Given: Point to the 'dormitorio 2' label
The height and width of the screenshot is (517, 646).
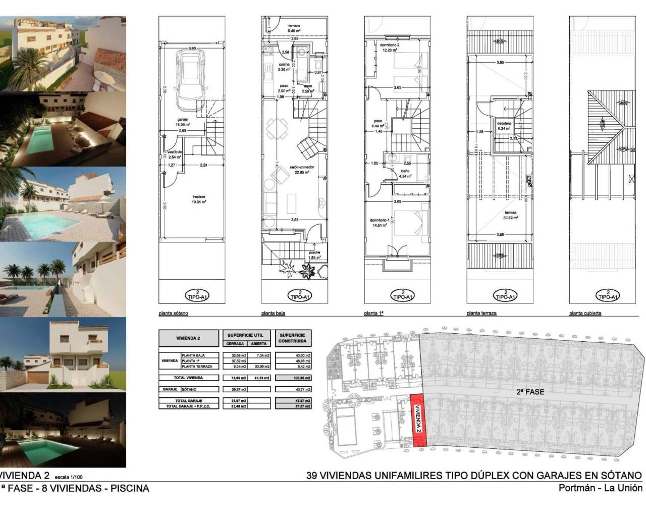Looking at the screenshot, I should pos(389,47).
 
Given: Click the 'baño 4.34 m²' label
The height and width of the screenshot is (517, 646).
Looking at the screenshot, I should pos(405,174).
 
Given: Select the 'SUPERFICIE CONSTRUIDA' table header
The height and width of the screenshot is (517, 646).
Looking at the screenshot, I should pos(292,338).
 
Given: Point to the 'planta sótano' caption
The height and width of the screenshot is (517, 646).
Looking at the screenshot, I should pos(173,314).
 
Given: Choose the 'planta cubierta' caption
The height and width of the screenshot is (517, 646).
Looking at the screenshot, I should pos(585,314).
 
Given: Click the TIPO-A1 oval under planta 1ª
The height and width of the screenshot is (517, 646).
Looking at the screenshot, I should pos(402,295).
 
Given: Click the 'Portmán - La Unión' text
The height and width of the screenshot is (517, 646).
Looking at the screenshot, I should pos(600,488).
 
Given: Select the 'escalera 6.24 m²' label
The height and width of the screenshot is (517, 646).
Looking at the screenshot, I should pos(503,126).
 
